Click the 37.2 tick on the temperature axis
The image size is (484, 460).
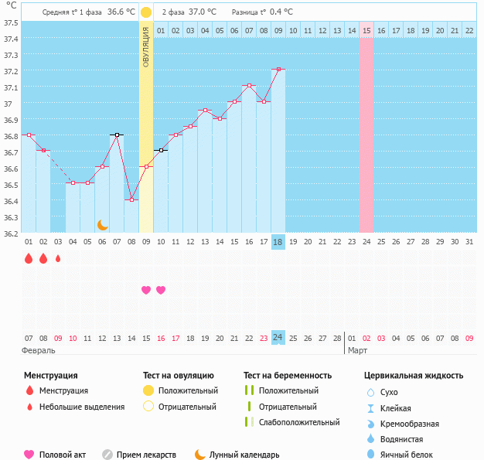coord(10,71)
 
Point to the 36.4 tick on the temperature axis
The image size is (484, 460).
coord(10,201)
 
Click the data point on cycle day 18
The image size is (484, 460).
coord(278,70)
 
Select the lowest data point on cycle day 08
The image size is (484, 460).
coord(131,199)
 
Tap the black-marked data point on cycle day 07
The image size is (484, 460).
coord(117,135)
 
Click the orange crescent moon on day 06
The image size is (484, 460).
coord(102,224)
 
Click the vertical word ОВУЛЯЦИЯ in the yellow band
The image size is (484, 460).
coord(146,46)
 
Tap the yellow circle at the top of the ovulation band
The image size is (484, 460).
coord(146,12)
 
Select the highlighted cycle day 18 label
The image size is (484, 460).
coord(278,242)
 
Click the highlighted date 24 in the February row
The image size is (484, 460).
coord(278,337)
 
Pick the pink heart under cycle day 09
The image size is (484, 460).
coord(146,290)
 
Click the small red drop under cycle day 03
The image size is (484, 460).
coord(58,259)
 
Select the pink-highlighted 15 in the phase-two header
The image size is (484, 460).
coord(366,30)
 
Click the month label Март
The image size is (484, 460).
coord(357,350)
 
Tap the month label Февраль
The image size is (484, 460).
coord(39,350)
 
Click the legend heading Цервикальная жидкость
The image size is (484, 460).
coord(414,376)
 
